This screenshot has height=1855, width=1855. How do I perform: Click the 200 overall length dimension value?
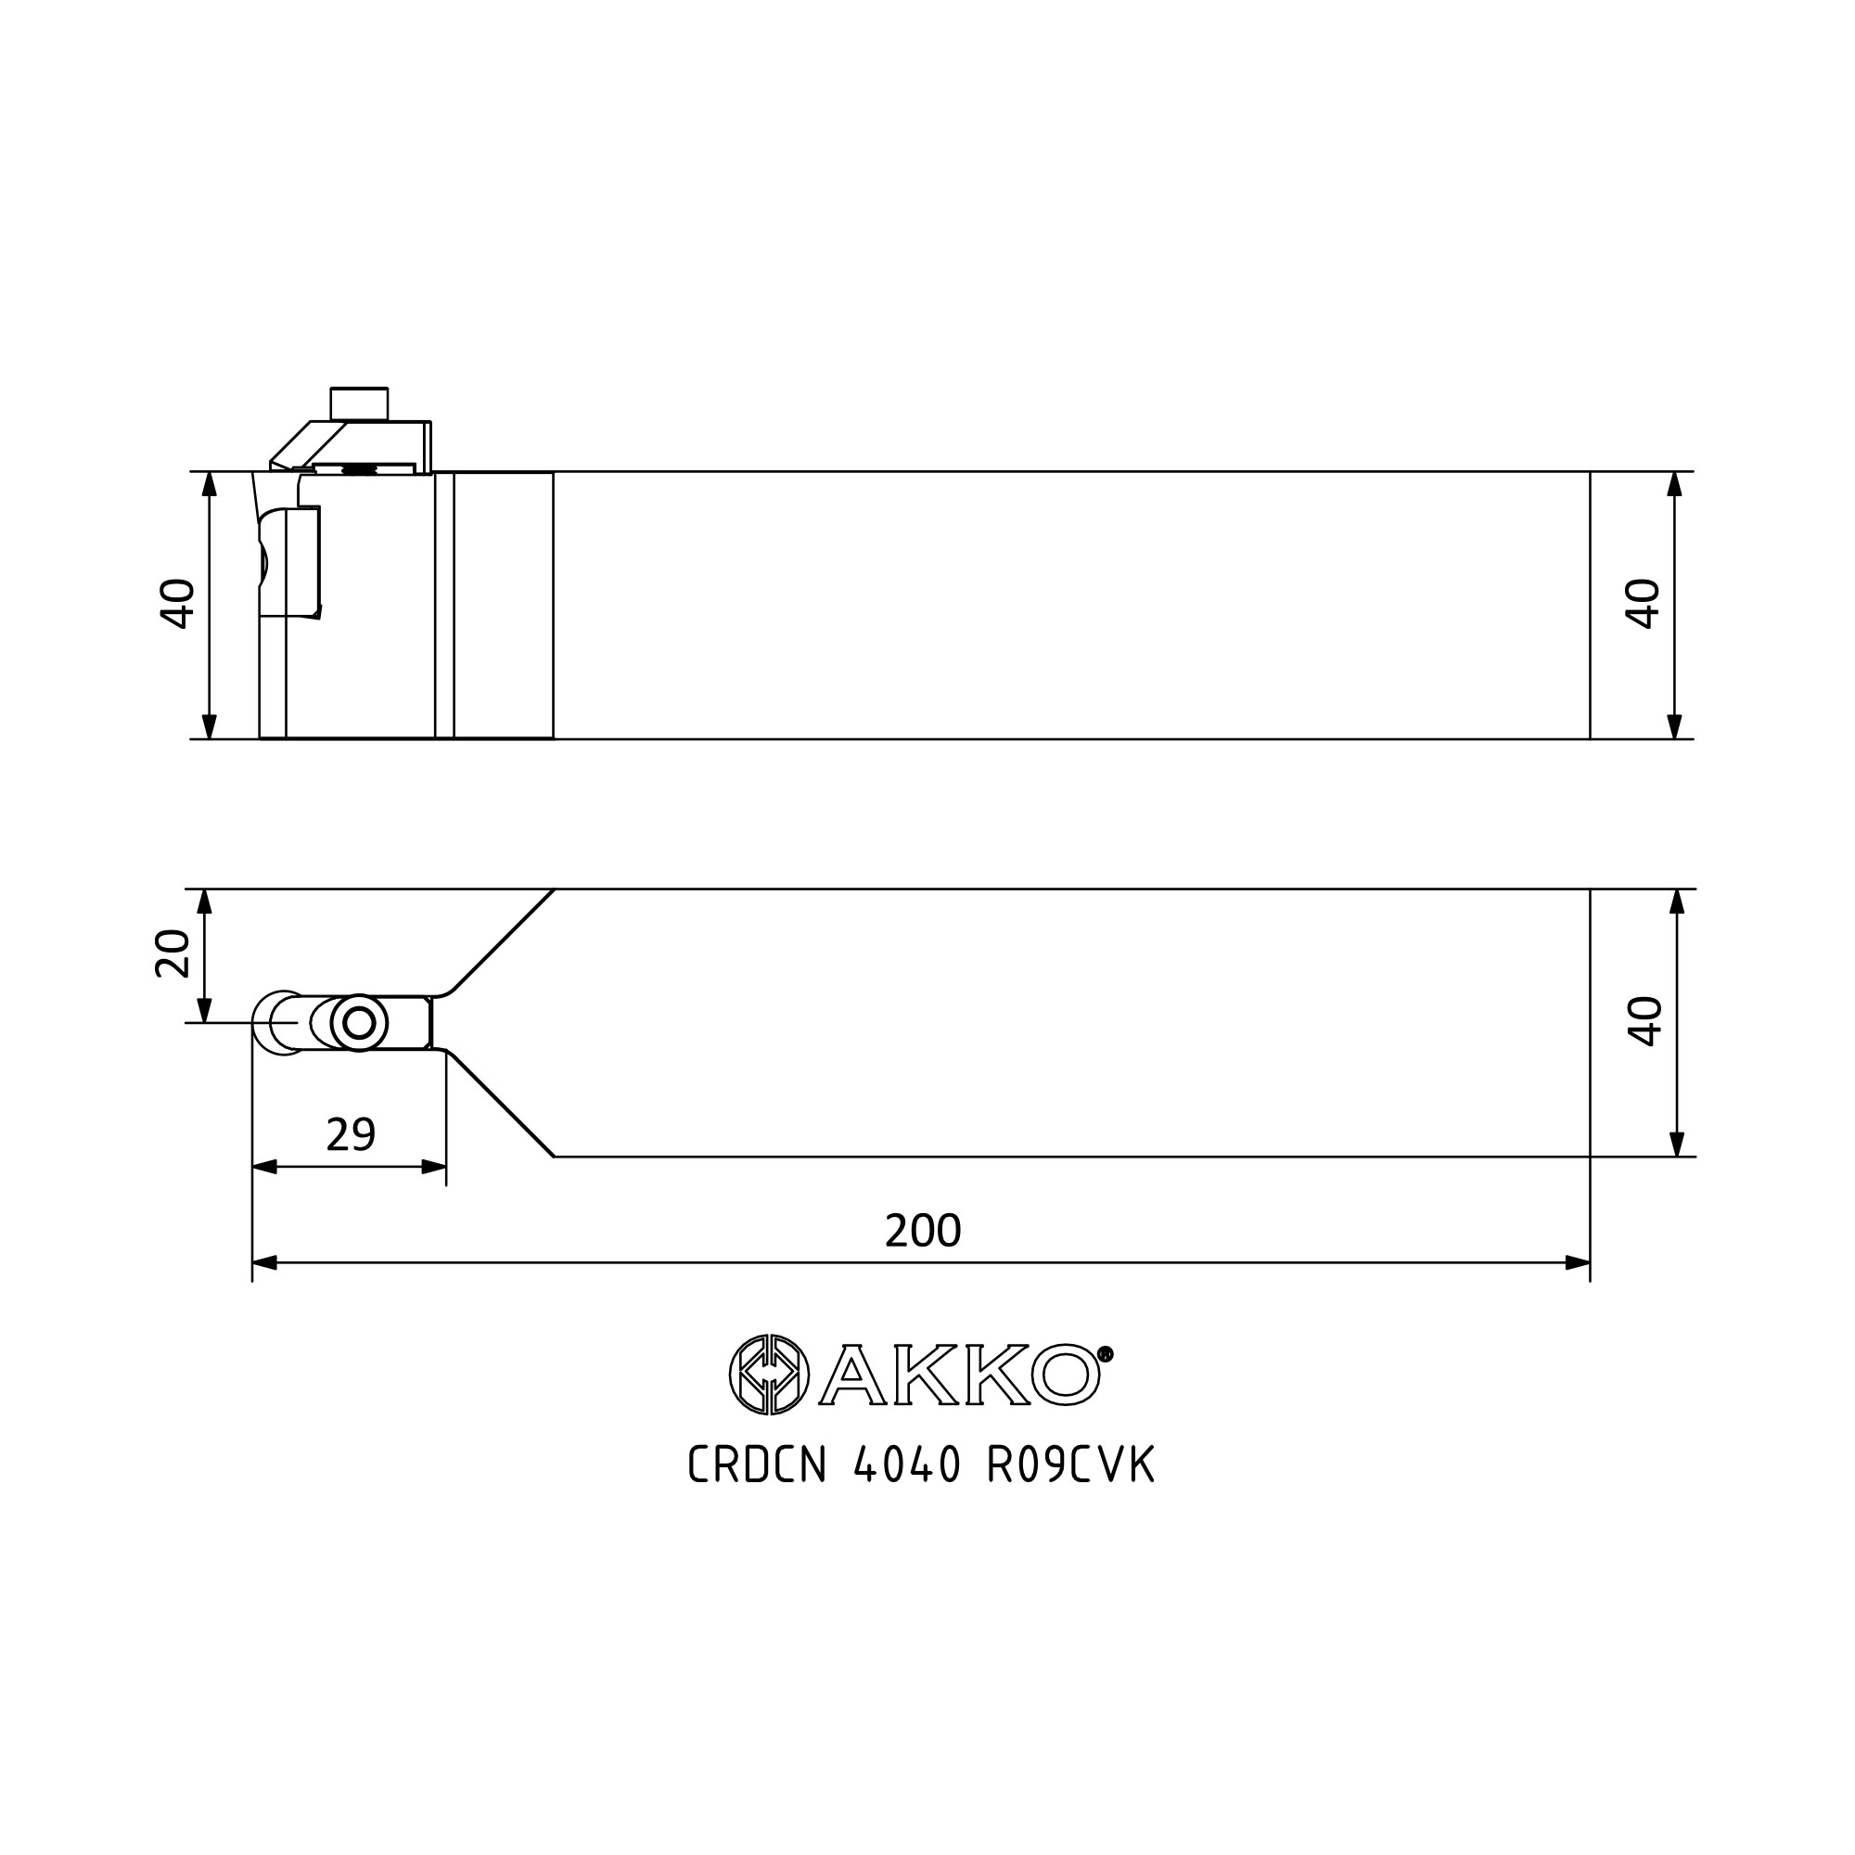pos(923,1231)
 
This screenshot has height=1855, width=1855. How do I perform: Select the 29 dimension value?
pos(351,1135)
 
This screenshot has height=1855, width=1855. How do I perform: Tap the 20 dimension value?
pos(173,953)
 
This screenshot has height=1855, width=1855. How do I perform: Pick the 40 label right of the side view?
pos(1643,604)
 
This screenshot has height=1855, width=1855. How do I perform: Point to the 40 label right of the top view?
pos(1644,1020)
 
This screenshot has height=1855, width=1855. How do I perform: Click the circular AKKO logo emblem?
pos(769,1375)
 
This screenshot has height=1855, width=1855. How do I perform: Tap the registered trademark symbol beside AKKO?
pos(1106,1354)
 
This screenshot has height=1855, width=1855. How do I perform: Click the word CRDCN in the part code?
pos(758,1465)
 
